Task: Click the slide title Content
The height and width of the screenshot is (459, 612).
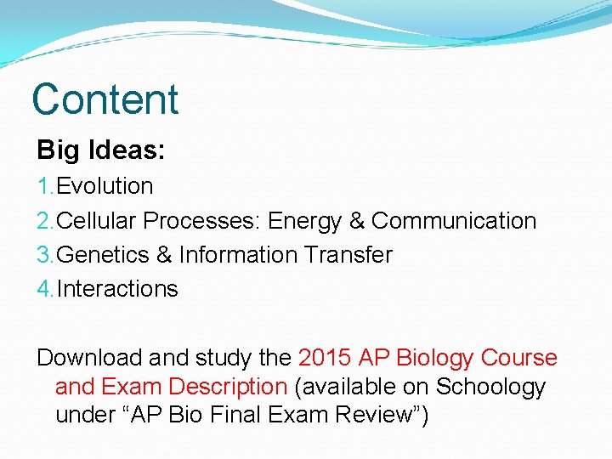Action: pyautogui.click(x=105, y=99)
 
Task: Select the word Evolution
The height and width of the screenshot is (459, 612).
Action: pyautogui.click(x=105, y=186)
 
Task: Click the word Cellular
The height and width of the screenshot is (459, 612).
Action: pyautogui.click(x=97, y=221)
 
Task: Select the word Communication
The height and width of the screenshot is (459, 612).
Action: pyautogui.click(x=454, y=221)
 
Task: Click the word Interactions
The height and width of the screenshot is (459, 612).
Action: pyautogui.click(x=117, y=289)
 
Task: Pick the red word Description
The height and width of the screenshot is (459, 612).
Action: pyautogui.click(x=228, y=387)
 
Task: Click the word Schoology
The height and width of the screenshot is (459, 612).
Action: pyautogui.click(x=490, y=388)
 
